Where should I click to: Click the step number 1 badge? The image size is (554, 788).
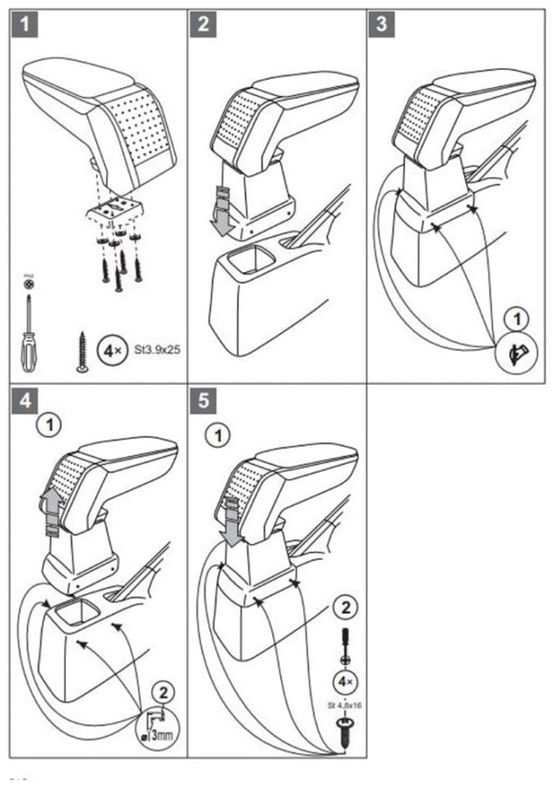pos(27,25)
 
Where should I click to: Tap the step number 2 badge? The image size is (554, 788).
pos(203,25)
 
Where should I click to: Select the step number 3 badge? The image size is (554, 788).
pos(380,25)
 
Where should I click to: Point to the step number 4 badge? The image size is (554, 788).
pos(27,401)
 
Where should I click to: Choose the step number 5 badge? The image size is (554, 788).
pos(203,401)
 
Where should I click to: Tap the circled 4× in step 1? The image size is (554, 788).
pos(111,350)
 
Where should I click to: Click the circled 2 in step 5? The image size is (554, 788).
pos(344,608)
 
